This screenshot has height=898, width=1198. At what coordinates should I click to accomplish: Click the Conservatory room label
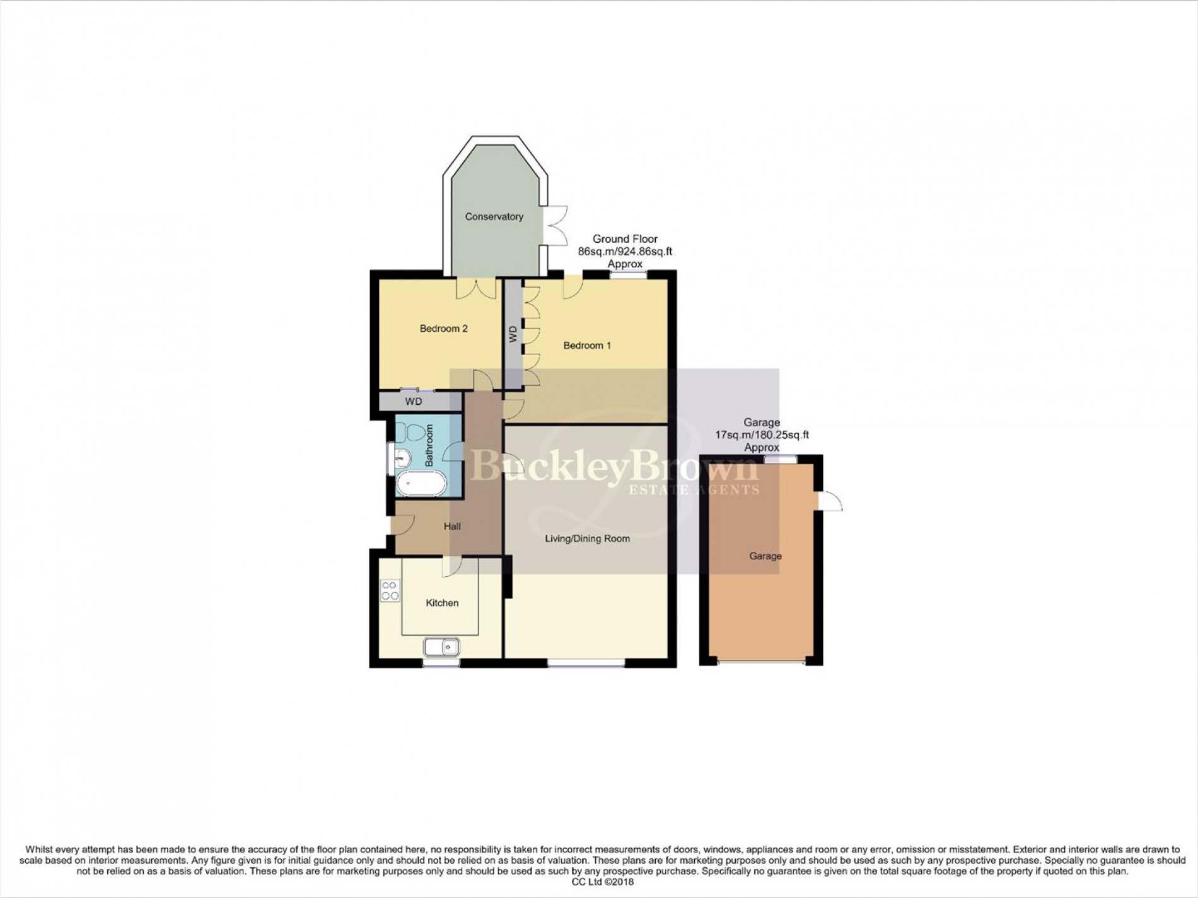coord(494,217)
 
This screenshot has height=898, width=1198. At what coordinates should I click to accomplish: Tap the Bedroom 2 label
coord(443,329)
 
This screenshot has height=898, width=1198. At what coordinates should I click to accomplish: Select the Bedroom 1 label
coord(587,346)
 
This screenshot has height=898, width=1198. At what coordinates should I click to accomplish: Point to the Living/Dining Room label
coord(587,539)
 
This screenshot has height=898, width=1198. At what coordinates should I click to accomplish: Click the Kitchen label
coord(442,603)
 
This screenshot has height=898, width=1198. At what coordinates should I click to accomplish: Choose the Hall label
coord(452,527)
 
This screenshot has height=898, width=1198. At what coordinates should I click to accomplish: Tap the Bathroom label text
coord(429,445)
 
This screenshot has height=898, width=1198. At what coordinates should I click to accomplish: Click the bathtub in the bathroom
coord(421,484)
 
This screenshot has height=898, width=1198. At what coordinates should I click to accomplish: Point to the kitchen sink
coord(441,647)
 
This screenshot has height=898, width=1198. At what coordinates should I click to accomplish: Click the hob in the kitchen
coord(390,590)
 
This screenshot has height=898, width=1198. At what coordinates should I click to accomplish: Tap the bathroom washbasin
coord(401,458)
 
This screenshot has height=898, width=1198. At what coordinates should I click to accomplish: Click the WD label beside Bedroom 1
coord(513,334)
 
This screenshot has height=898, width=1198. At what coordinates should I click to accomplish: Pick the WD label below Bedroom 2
coord(414,402)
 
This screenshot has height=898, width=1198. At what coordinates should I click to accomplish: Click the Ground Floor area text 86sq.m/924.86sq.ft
coord(625,252)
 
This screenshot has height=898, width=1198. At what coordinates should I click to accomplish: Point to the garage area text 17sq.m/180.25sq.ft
coord(762,435)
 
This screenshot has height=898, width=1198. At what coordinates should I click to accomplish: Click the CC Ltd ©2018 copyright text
coord(599,882)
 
